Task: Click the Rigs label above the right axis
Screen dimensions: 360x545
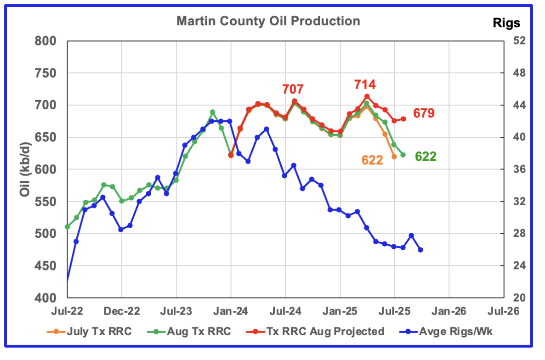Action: pos(506,22)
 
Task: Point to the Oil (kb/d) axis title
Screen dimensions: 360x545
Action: pos(25,169)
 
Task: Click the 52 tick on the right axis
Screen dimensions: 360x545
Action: pos(514,41)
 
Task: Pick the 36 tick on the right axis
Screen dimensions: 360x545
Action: pos(514,170)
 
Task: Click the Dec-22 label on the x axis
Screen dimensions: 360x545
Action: pos(122,311)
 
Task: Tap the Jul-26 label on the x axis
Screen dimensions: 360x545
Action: pos(504,311)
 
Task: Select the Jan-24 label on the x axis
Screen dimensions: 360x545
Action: pos(231,311)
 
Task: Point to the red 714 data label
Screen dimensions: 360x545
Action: pos(364,84)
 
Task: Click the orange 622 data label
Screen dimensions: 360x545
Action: pos(372,160)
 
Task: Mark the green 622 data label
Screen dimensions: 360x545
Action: pos(426,157)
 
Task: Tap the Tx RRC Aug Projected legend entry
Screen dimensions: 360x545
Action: pos(333,331)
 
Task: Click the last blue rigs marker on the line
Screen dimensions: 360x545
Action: pos(420,250)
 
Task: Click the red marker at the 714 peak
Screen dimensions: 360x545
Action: pos(367,96)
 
